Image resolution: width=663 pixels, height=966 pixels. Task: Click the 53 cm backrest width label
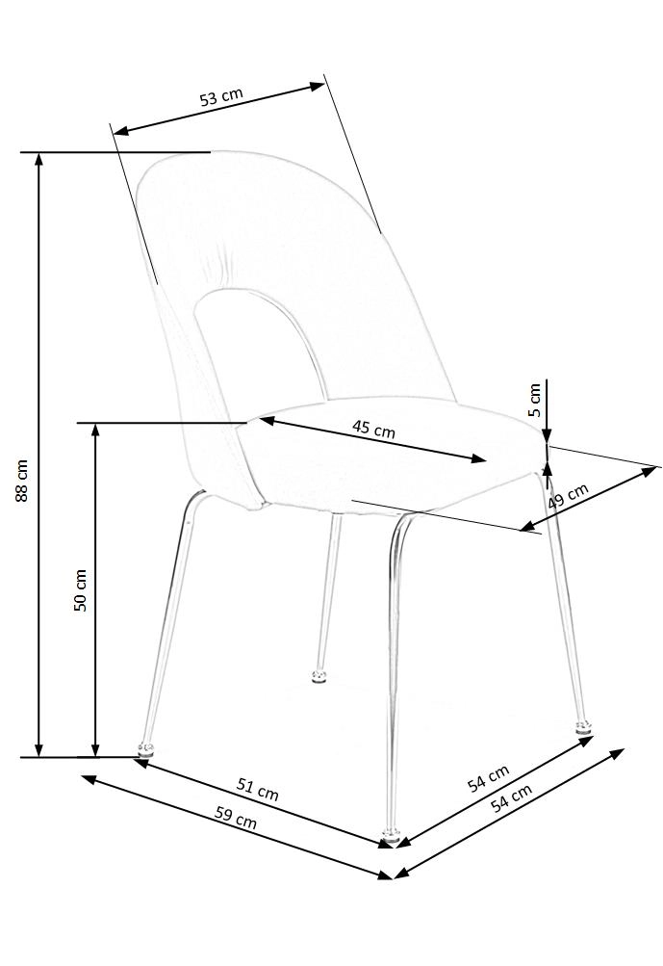(221, 96)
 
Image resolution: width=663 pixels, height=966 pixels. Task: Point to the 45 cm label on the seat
(374, 429)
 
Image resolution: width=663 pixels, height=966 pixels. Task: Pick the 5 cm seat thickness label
(536, 399)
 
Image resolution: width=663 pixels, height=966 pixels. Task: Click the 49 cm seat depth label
(568, 497)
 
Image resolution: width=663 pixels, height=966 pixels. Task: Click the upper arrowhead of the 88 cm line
(38, 160)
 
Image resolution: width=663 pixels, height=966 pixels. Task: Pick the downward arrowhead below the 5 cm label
(546, 436)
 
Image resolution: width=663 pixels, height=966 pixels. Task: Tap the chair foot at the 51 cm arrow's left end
(145, 745)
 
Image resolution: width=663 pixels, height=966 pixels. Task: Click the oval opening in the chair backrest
(255, 352)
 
